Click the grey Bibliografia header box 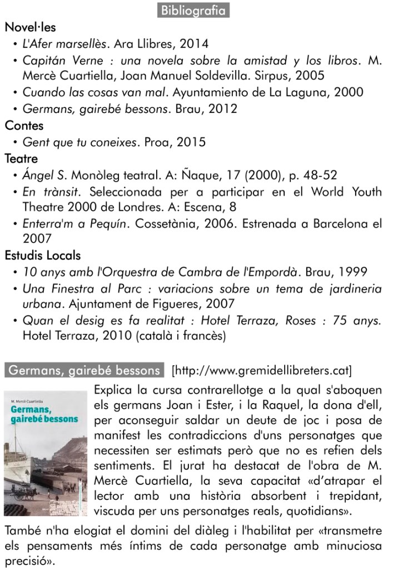point(193,11)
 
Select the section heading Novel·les point(30,27)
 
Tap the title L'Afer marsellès point(64,43)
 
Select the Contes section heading point(24,126)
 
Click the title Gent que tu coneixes point(79,142)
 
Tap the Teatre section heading point(22,159)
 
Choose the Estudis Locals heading point(43,256)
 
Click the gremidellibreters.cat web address point(262,370)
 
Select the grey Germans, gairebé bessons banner point(85,370)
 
